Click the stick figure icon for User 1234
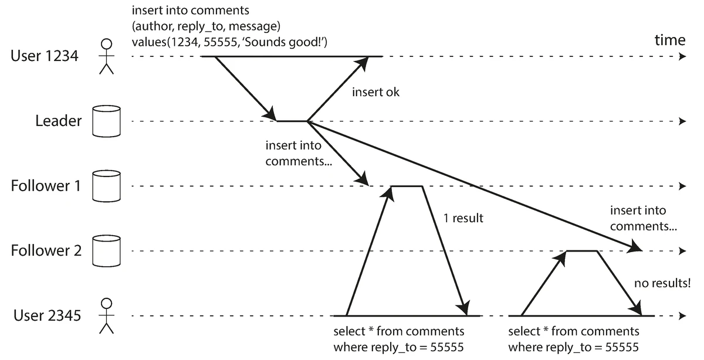point(106,57)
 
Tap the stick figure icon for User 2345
point(106,315)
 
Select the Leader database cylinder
point(106,121)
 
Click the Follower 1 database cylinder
point(106,186)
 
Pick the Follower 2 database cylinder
point(106,250)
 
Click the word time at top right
point(669,40)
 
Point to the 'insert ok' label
point(375,92)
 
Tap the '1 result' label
point(463,218)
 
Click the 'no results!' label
point(662,283)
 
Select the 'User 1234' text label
point(45,57)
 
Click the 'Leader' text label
point(59,121)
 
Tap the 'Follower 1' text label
point(46,186)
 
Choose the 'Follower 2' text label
point(46,251)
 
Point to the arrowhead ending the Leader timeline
point(681,121)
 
